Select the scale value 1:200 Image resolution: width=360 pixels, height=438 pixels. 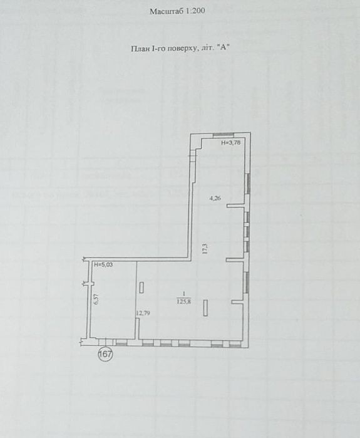click(x=194, y=11)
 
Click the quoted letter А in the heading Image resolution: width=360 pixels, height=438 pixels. click(x=223, y=48)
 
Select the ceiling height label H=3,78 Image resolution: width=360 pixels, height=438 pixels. click(x=231, y=143)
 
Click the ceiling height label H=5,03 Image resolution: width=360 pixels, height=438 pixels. click(x=103, y=264)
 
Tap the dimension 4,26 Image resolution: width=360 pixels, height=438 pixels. click(x=215, y=199)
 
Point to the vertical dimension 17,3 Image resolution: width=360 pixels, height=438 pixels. click(x=205, y=248)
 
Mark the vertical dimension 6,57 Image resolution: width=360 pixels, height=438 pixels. click(x=96, y=299)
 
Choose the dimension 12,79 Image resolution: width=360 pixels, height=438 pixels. click(x=143, y=313)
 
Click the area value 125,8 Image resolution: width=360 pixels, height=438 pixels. click(x=184, y=301)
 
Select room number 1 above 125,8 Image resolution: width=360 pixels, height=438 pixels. click(x=183, y=294)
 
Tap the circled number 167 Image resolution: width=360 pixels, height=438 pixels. click(x=105, y=354)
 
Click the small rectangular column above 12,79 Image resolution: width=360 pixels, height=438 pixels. click(x=141, y=288)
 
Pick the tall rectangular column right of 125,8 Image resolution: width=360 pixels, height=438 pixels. click(x=205, y=308)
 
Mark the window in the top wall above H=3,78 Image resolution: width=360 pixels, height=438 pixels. click(x=224, y=135)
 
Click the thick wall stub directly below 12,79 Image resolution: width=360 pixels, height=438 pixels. click(x=137, y=328)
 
